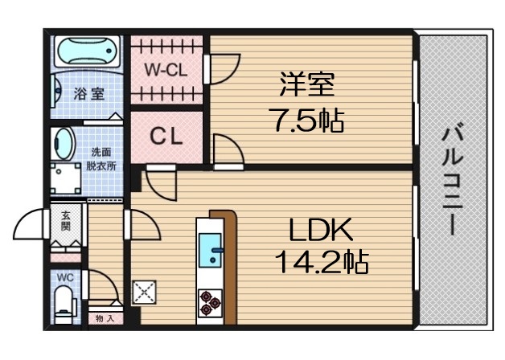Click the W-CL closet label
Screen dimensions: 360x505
166,70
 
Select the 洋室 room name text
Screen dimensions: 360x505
306,84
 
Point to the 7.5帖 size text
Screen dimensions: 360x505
306,121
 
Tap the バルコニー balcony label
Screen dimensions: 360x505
453,178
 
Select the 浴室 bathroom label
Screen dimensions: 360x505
89,93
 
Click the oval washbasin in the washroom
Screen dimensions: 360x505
63,145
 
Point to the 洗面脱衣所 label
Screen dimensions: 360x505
101,158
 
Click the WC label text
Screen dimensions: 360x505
64,277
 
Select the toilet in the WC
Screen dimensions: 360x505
64,305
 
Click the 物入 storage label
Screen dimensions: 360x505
105,319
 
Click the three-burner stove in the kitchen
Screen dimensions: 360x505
211,302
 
